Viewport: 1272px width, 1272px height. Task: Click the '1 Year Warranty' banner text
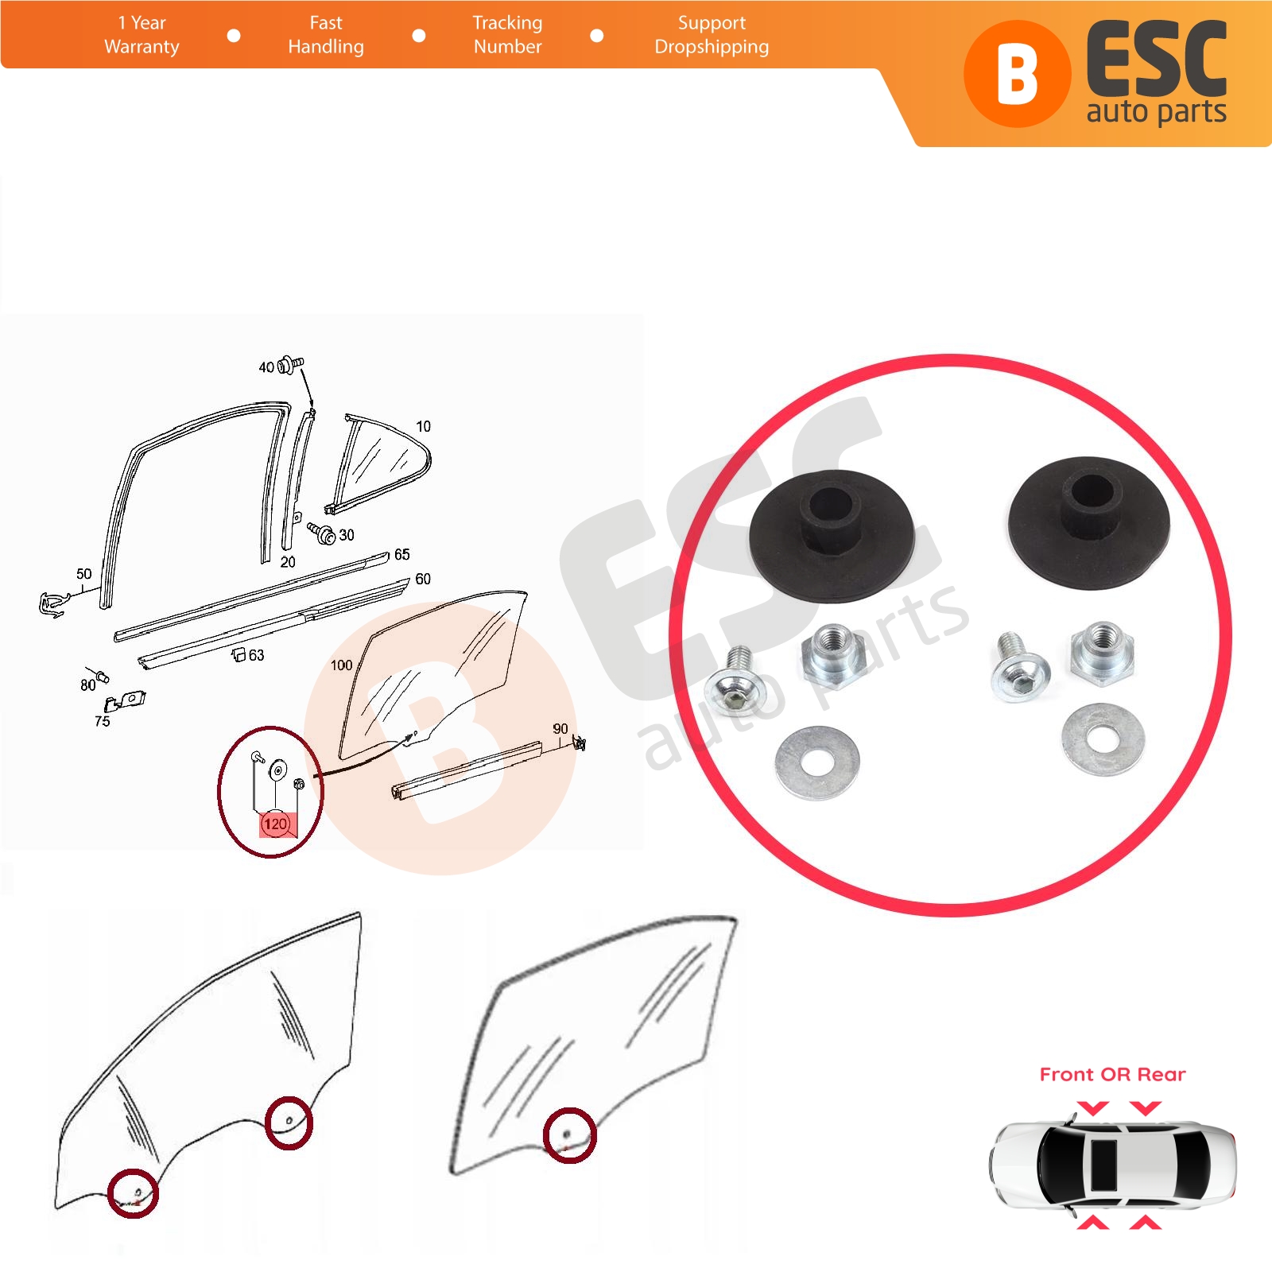point(142,35)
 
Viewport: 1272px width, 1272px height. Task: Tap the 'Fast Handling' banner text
point(326,35)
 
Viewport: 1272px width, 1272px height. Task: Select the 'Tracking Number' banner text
point(507,35)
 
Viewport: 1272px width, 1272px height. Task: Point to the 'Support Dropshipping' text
point(712,35)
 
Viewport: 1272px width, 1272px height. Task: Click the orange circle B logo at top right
point(1017,74)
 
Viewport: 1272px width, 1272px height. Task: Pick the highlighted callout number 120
point(275,824)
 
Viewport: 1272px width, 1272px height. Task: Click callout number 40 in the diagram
point(266,367)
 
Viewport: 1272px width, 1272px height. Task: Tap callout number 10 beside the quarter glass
point(424,426)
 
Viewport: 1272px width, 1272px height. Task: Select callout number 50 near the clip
point(84,574)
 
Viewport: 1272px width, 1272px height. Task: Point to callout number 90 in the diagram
point(560,729)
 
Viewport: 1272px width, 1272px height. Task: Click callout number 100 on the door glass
point(342,665)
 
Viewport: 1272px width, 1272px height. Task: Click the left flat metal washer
point(818,762)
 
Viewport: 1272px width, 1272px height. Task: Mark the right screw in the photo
point(1018,669)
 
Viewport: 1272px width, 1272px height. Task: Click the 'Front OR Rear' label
point(1112,1075)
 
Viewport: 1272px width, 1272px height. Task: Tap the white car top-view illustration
point(1112,1165)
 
